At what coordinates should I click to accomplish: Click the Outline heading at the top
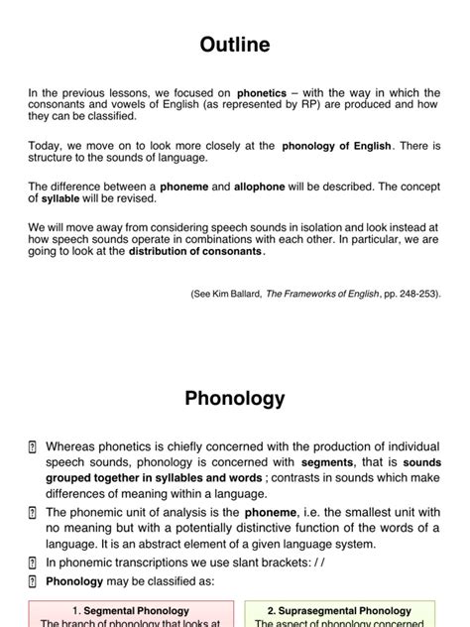[x=234, y=45]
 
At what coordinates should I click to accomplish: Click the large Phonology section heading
[x=234, y=399]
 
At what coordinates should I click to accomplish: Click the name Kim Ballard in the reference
[x=236, y=295]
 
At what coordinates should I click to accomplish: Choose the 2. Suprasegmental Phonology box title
[x=353, y=611]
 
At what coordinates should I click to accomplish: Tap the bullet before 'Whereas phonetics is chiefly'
[x=33, y=447]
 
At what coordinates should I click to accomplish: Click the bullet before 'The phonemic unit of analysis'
[x=33, y=512]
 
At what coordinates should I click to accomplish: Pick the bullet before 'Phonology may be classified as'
[x=33, y=581]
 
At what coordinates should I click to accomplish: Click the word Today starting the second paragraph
[x=44, y=146]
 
